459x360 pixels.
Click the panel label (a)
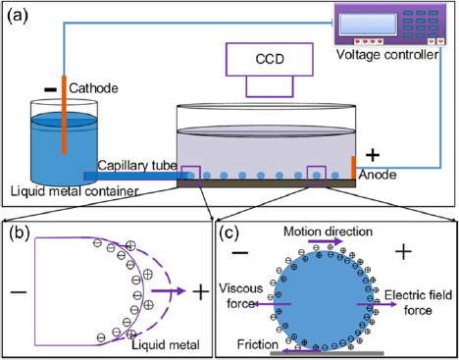(17, 14)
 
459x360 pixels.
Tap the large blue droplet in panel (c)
(321, 294)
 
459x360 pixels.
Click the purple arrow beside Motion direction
(331, 242)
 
